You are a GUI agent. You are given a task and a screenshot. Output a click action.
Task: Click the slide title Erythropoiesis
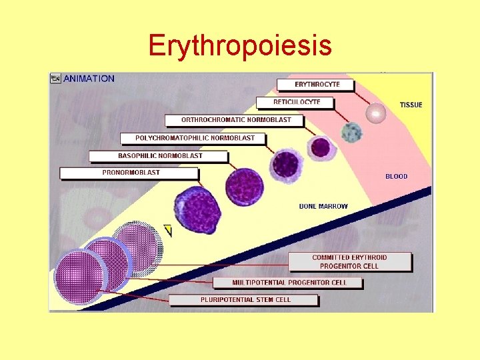(240, 45)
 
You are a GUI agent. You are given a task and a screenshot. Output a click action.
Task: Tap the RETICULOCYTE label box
(295, 103)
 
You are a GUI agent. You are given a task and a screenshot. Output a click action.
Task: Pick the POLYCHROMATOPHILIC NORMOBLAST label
(193, 139)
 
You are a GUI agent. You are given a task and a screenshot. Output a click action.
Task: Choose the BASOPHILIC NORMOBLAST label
(160, 156)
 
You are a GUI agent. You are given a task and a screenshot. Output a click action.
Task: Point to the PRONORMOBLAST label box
(130, 173)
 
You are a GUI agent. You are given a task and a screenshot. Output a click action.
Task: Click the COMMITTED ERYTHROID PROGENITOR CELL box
(349, 261)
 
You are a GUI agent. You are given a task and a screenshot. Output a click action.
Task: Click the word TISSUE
(411, 105)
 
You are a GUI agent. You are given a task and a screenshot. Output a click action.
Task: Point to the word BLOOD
(396, 177)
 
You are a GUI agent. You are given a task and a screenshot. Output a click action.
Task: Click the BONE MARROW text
(323, 206)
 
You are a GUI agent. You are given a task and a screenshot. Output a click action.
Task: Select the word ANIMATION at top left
(89, 79)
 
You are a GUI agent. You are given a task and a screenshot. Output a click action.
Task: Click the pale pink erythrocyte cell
(377, 113)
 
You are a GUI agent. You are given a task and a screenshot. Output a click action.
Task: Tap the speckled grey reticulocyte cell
(351, 132)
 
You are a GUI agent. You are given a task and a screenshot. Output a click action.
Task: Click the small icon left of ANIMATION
(55, 79)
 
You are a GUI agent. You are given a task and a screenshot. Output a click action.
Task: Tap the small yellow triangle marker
(168, 231)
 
